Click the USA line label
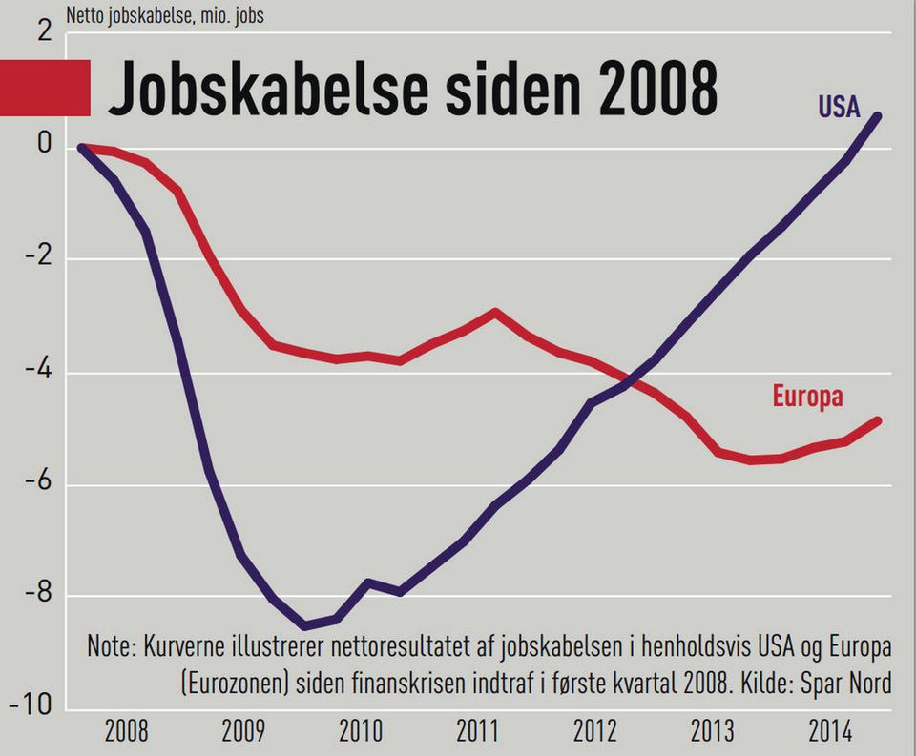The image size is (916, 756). click(839, 106)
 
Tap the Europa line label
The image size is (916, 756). click(807, 397)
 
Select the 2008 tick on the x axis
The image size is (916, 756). click(126, 732)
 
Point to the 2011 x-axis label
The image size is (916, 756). click(477, 732)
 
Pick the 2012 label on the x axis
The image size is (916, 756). click(594, 732)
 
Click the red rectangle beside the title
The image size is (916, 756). click(45, 88)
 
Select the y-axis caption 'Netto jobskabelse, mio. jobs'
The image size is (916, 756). click(164, 16)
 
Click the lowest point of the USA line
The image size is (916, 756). click(304, 626)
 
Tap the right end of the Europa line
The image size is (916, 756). click(877, 420)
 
